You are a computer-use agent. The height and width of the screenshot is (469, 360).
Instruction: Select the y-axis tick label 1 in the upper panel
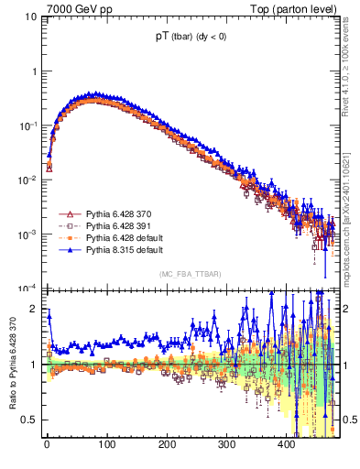tap(35, 71)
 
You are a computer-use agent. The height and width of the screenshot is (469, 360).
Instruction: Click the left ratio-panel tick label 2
tap(35, 310)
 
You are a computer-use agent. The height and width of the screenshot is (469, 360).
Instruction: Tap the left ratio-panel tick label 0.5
tap(31, 420)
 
